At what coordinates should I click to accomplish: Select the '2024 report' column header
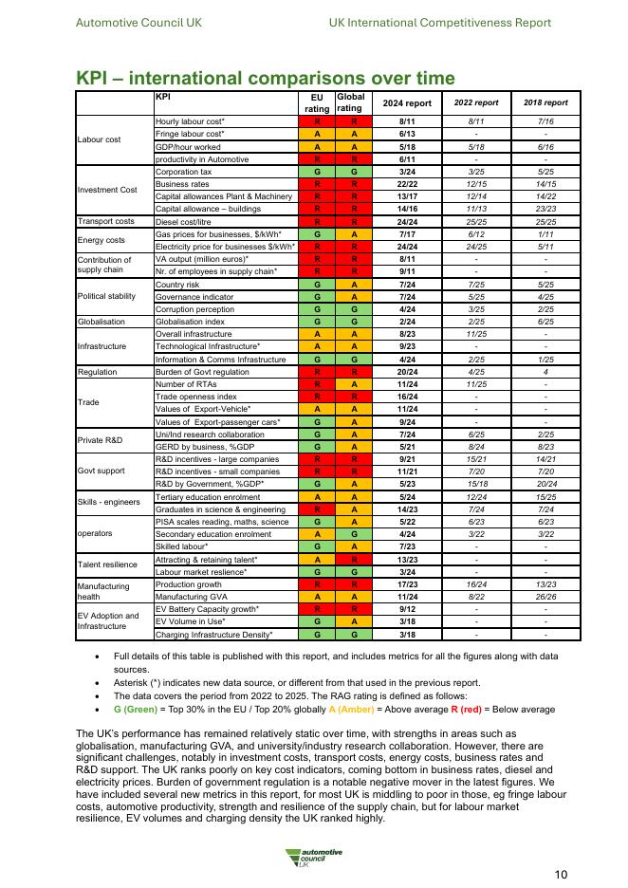click(406, 102)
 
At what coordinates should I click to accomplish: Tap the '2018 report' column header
click(545, 102)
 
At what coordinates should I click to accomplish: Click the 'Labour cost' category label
click(99, 140)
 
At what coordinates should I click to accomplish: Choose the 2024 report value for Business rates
click(406, 184)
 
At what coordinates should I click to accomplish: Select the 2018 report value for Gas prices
click(545, 233)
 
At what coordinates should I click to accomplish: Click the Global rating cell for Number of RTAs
click(352, 384)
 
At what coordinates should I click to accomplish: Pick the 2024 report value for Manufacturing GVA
click(406, 597)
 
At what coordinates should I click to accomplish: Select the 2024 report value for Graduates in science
click(406, 509)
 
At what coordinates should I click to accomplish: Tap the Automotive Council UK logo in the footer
click(314, 857)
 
